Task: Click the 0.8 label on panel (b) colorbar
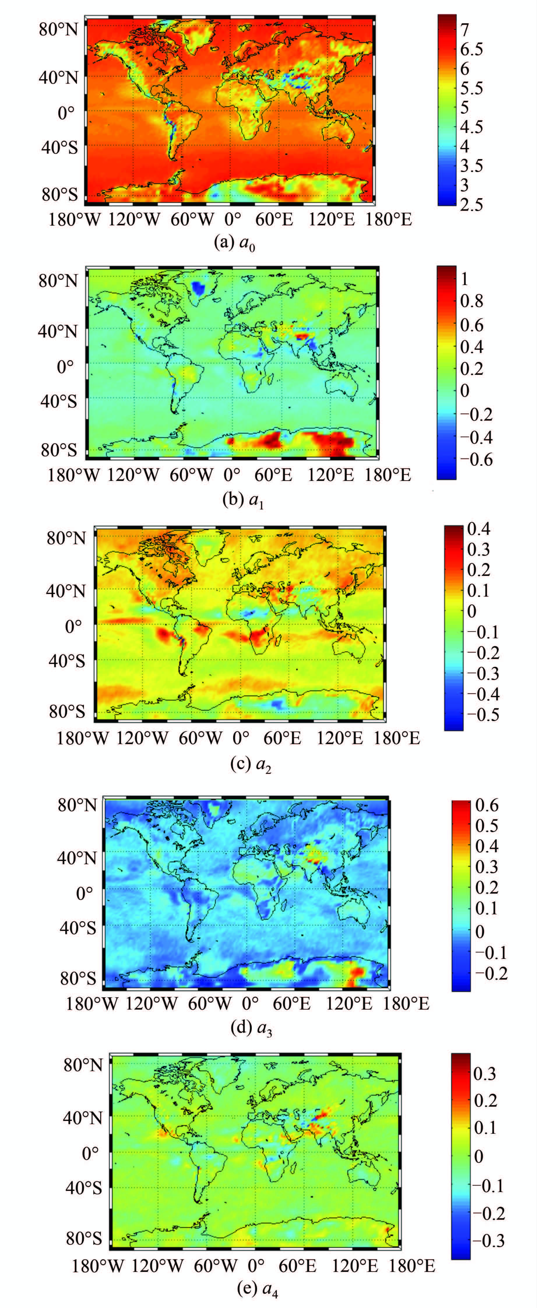pyautogui.click(x=471, y=301)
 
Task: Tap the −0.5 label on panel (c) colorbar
pyautogui.click(x=483, y=714)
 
